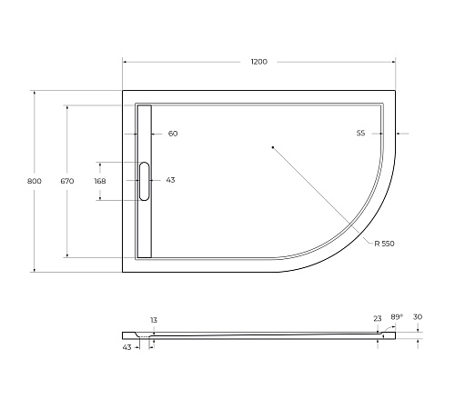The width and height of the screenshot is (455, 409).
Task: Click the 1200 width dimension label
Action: (x=258, y=61)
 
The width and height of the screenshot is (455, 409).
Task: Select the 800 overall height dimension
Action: (x=34, y=181)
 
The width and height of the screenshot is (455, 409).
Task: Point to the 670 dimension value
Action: (x=66, y=181)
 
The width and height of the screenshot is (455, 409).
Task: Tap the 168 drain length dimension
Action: (x=100, y=181)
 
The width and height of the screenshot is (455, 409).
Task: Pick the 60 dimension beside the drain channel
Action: (x=173, y=134)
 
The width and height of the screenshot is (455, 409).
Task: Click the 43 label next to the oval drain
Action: (x=170, y=180)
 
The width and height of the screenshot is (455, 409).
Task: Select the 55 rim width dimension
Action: (x=360, y=134)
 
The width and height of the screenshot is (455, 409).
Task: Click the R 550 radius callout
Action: (x=383, y=244)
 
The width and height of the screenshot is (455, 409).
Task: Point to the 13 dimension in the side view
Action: (x=153, y=320)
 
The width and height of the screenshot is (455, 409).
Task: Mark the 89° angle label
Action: (x=396, y=317)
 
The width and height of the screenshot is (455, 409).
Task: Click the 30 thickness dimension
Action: (x=418, y=317)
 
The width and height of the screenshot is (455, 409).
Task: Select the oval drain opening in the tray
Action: (x=144, y=180)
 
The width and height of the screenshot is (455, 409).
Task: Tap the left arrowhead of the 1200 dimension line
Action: (x=126, y=61)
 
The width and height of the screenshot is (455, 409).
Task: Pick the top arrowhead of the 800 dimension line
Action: (x=34, y=92)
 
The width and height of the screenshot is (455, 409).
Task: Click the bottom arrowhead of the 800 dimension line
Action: (x=34, y=269)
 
